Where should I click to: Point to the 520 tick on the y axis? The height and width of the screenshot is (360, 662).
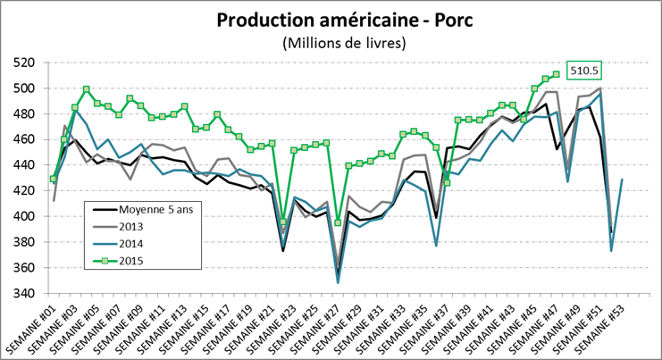pos(27,63)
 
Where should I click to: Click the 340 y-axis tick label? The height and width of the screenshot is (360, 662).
pos(27,293)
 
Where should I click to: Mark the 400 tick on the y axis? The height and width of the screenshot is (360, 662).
pos(27,216)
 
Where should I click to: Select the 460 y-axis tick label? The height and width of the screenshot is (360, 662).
pos(27,139)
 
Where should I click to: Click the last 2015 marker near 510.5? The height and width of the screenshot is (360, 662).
pos(556,74)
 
